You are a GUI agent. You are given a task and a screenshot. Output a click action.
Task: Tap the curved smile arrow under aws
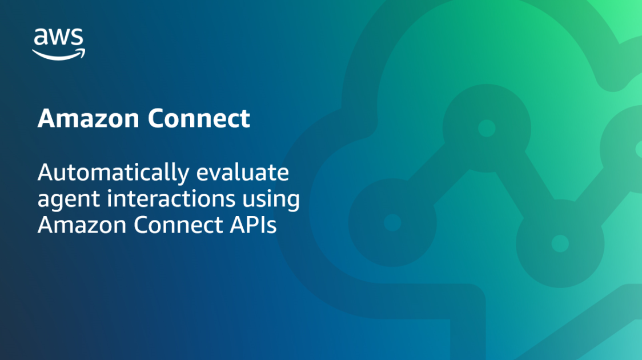58,54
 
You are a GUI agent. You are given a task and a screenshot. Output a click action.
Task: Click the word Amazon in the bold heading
89,119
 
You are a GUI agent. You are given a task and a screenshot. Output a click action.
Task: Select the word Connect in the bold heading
199,119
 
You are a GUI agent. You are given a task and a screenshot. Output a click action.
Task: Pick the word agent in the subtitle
63,199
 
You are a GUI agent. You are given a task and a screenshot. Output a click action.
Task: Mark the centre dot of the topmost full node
487,128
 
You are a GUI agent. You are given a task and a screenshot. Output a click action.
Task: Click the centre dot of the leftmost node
392,222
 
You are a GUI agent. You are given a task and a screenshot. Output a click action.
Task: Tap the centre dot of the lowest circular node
560,243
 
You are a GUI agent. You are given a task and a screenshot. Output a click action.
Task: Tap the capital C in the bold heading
157,119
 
